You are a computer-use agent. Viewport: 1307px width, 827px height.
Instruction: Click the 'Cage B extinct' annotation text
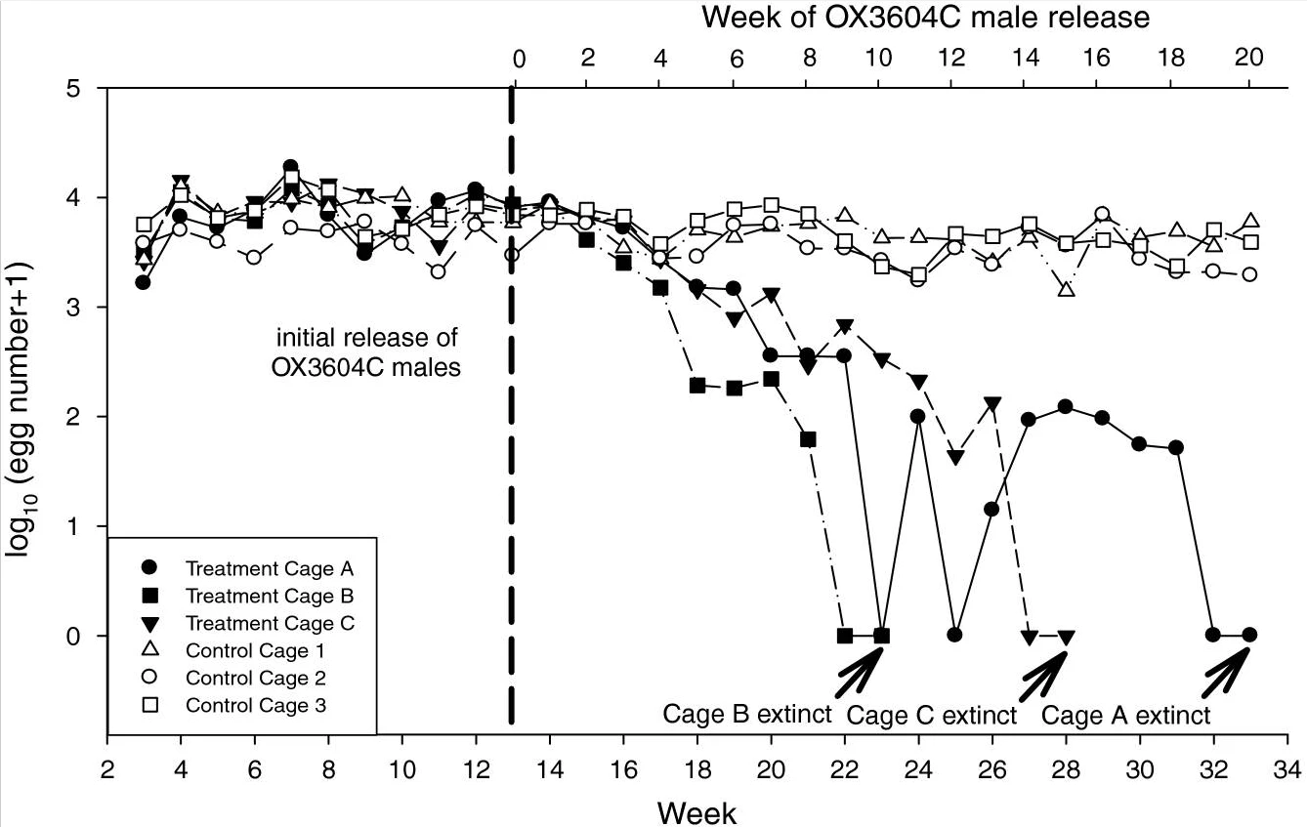tap(747, 714)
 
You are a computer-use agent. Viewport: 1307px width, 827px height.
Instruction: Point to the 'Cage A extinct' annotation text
tap(1125, 716)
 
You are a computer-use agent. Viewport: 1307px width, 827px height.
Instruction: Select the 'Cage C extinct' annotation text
tap(931, 716)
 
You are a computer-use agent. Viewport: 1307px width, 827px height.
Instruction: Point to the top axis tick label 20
tap(1249, 58)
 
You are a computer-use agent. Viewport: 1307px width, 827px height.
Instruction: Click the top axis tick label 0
tap(519, 58)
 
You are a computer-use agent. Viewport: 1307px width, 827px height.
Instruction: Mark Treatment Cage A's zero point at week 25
tap(954, 635)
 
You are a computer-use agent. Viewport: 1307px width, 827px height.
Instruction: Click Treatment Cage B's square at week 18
tap(697, 386)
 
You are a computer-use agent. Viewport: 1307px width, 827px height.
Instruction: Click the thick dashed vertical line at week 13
tap(511, 488)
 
